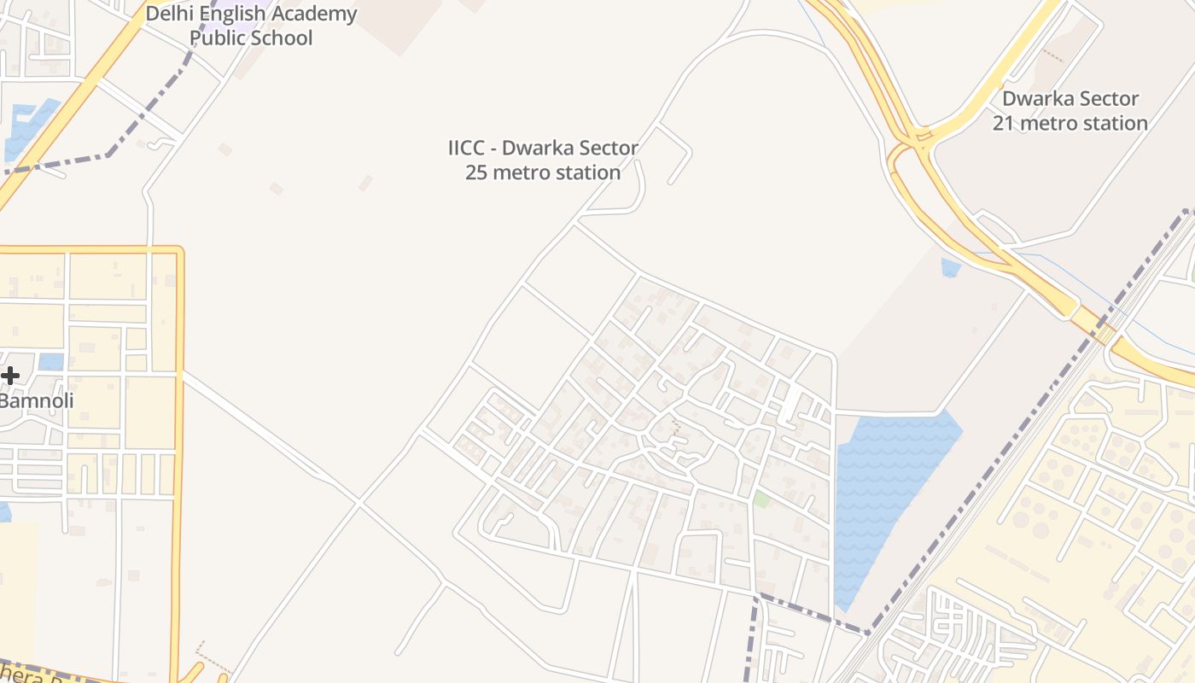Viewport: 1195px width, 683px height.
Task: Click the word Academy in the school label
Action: coord(314,14)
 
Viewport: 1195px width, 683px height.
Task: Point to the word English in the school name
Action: coord(232,14)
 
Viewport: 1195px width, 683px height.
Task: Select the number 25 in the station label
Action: coord(475,172)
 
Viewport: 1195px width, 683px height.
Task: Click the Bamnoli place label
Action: coord(37,400)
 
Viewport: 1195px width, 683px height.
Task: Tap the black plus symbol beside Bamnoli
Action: coord(9,375)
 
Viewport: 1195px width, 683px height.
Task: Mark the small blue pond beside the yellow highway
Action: coord(950,268)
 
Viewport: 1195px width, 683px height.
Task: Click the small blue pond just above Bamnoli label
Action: coord(50,361)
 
